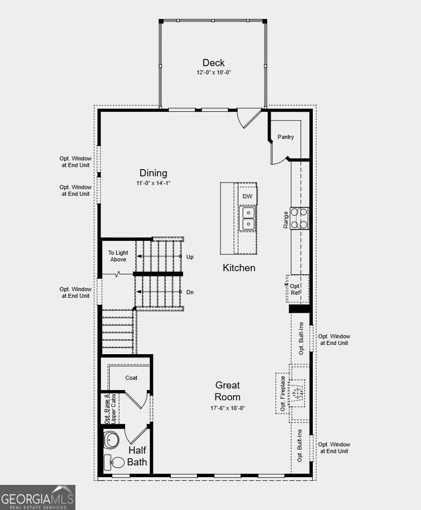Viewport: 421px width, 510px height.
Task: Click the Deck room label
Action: (213, 63)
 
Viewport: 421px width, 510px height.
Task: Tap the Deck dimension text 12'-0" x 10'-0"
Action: (213, 72)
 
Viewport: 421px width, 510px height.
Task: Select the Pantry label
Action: (286, 137)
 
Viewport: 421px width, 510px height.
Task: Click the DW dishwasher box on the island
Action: (247, 196)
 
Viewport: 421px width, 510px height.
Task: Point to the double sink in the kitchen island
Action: (248, 218)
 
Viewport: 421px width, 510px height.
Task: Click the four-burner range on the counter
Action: (299, 218)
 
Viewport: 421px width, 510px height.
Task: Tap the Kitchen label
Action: (239, 268)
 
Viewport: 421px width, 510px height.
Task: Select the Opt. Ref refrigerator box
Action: (297, 289)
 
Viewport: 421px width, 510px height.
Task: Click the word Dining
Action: (153, 173)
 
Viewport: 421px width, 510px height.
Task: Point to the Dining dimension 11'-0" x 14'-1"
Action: (153, 183)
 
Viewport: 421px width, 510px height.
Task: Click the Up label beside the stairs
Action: (190, 257)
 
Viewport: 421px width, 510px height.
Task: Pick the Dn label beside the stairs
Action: (190, 292)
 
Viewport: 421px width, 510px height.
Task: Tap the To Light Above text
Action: (118, 256)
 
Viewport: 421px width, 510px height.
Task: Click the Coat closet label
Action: (131, 378)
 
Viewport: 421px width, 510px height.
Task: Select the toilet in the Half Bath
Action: (114, 461)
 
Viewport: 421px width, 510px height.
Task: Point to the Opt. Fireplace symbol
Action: (296, 394)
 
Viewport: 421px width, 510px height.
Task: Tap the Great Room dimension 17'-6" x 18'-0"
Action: (227, 408)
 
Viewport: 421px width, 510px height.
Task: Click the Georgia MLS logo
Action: (37, 497)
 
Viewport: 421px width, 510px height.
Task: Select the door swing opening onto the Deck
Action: (249, 118)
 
